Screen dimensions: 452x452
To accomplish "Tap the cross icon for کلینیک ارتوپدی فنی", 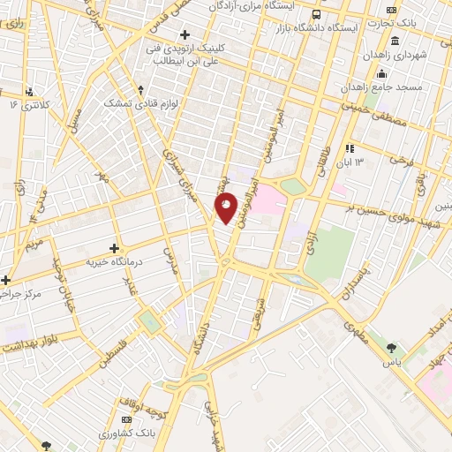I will (185, 34).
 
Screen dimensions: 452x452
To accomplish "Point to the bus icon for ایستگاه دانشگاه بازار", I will (317, 14).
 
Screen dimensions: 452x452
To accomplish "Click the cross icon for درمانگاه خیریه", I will (114, 250).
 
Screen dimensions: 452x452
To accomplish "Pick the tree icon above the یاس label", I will (391, 348).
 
